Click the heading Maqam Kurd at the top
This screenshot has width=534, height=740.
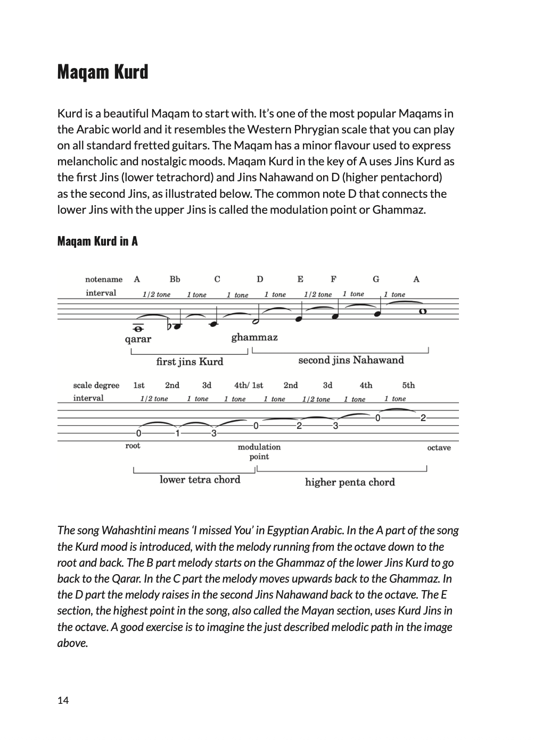click(x=102, y=72)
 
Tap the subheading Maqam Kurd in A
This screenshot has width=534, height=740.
click(x=97, y=241)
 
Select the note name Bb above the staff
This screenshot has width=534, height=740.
click(x=175, y=279)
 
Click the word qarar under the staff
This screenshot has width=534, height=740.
click(x=138, y=339)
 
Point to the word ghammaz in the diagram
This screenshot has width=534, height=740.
click(x=254, y=337)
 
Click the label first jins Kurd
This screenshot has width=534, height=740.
click(x=190, y=362)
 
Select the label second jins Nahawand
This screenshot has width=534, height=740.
click(x=351, y=360)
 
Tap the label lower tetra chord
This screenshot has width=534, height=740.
click(x=200, y=480)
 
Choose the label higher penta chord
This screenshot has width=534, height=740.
click(x=350, y=483)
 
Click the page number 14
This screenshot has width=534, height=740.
click(x=63, y=700)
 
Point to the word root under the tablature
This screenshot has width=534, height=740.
click(x=133, y=446)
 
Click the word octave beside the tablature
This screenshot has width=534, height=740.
click(x=439, y=448)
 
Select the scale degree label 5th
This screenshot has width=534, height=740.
click(x=408, y=385)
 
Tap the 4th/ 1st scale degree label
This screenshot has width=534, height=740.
click(x=249, y=385)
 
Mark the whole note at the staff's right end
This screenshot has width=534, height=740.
click(x=423, y=312)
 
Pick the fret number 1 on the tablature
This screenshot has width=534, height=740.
click(x=178, y=433)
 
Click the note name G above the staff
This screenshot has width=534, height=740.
click(x=376, y=279)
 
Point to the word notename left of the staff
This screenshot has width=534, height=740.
click(x=104, y=279)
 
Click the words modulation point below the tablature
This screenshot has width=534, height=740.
click(x=259, y=452)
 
